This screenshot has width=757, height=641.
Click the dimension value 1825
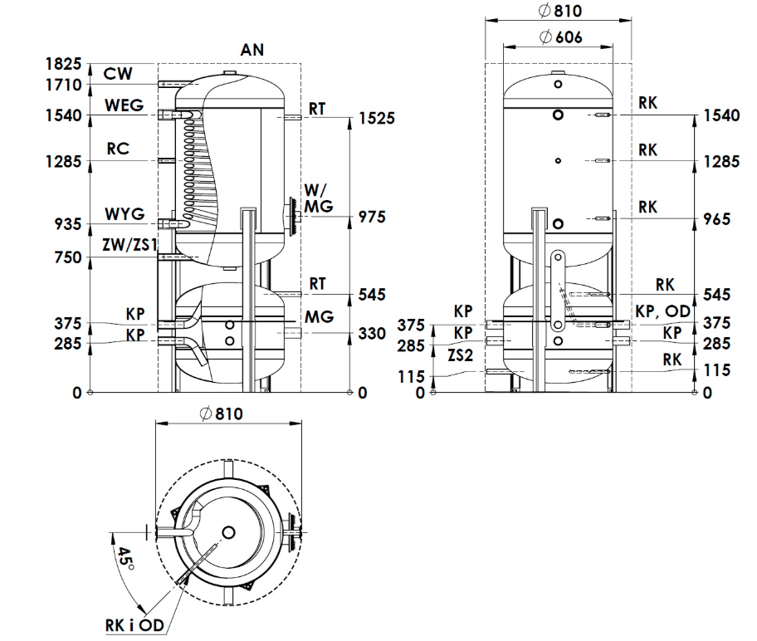[64, 65]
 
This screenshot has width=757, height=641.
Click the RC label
[118, 149]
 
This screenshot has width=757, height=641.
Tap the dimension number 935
[68, 224]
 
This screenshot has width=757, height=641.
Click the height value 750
[68, 258]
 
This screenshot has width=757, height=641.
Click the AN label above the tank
[252, 50]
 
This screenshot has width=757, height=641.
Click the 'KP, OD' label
[662, 311]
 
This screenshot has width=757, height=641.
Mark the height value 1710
[64, 85]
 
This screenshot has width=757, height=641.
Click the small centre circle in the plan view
[228, 532]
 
